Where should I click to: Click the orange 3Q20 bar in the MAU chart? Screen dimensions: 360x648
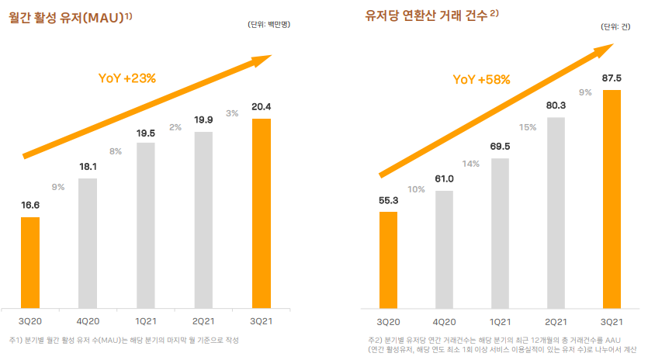[30, 261]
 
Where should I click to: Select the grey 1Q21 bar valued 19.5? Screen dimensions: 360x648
[145, 224]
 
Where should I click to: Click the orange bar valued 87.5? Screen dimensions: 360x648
[612, 198]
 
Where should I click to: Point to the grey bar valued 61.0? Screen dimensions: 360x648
[444, 248]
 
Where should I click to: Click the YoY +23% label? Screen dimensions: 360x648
[127, 78]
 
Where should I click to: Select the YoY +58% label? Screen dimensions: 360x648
[481, 79]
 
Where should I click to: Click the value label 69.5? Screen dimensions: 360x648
[500, 147]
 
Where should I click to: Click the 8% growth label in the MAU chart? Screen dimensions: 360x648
[116, 151]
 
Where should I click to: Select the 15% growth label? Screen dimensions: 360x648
[528, 126]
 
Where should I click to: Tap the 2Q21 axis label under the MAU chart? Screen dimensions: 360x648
[203, 321]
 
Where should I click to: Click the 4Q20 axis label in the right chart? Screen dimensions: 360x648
[444, 321]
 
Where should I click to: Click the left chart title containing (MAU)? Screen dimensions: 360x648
[70, 16]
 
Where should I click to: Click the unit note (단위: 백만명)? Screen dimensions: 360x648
[269, 25]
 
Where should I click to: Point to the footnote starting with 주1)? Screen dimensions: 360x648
[124, 341]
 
